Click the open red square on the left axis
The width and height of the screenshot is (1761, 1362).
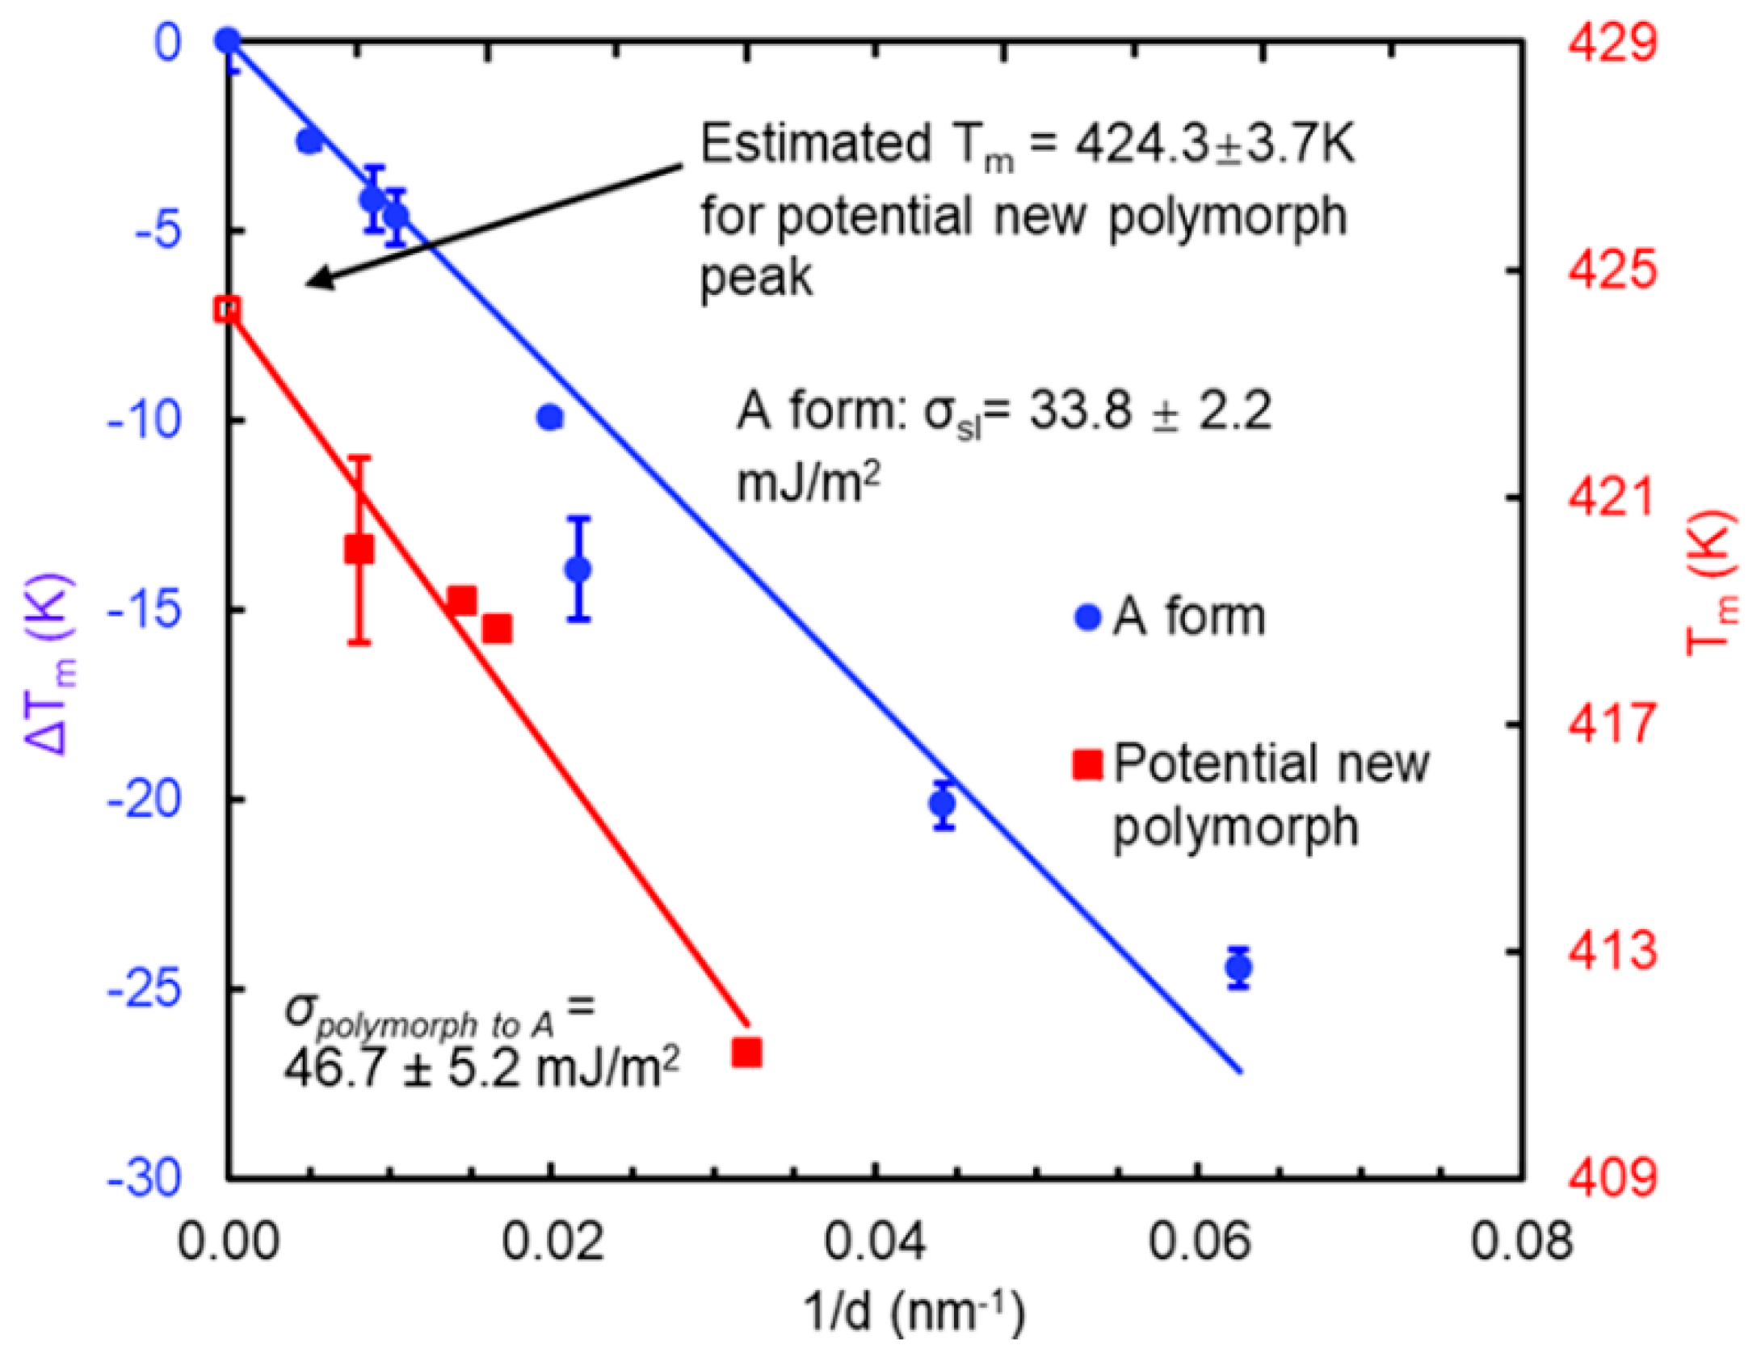click(x=227, y=309)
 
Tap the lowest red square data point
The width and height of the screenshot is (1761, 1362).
click(x=746, y=1053)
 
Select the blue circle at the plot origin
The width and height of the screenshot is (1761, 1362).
click(x=228, y=40)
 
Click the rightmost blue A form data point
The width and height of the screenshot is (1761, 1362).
click(x=1238, y=967)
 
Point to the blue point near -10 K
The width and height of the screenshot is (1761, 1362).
click(x=551, y=418)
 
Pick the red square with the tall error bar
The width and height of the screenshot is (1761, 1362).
click(x=359, y=550)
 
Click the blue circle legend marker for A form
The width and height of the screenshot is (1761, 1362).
click(x=1087, y=618)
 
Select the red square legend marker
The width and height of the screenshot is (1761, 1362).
click(x=1087, y=764)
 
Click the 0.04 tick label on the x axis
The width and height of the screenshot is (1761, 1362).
click(x=874, y=1242)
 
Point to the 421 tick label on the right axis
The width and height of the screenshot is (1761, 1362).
click(x=1613, y=498)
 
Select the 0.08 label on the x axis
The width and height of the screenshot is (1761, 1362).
click(x=1521, y=1242)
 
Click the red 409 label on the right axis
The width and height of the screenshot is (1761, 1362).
click(x=1613, y=1177)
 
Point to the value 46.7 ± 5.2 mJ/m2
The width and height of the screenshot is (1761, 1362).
click(x=481, y=1069)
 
